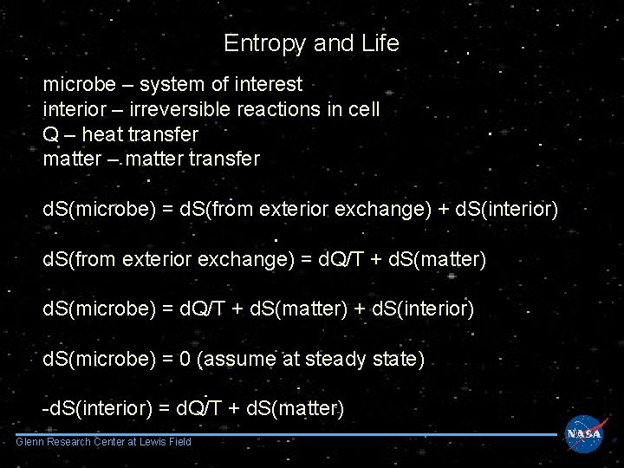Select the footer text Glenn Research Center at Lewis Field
[x=104, y=443]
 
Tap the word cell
[x=363, y=110]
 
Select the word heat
[x=107, y=135]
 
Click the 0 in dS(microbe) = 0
[x=184, y=359]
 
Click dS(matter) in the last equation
[x=296, y=408]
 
